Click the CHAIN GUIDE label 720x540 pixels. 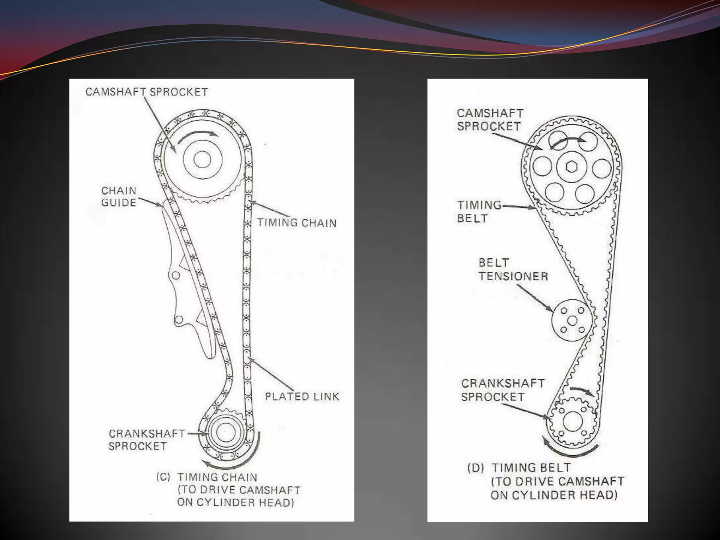[x=118, y=197]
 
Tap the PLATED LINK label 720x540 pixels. [x=302, y=397]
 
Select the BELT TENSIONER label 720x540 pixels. [x=513, y=270]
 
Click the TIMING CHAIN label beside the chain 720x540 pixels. [x=296, y=223]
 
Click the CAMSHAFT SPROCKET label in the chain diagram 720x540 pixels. [x=147, y=92]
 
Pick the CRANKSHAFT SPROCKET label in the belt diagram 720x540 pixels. [x=503, y=390]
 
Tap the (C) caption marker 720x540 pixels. [x=163, y=477]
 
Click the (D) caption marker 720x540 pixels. [x=475, y=468]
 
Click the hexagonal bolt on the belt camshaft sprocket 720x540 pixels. [x=572, y=167]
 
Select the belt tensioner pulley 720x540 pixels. [x=572, y=320]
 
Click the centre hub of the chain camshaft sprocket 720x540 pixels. [x=202, y=160]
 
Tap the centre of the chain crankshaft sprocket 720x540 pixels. [x=225, y=432]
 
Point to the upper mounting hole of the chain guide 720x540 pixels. [x=176, y=275]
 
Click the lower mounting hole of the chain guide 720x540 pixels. [x=179, y=320]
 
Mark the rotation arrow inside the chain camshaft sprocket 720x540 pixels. [x=198, y=136]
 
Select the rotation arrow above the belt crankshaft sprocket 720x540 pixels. [x=582, y=392]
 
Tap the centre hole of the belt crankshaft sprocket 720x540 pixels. [x=572, y=421]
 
